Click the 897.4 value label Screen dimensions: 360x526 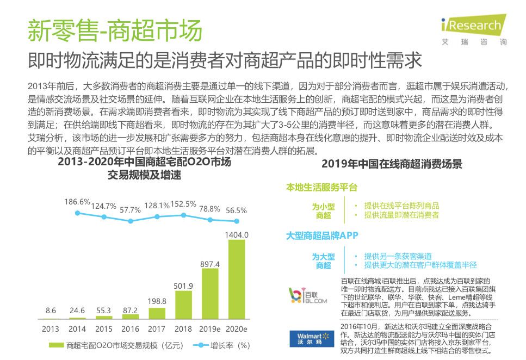pyautogui.click(x=210, y=264)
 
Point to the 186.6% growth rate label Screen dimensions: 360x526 pyautogui.click(x=77, y=202)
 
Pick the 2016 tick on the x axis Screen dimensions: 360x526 pyautogui.click(x=130, y=329)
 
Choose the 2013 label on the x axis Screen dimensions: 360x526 pyautogui.click(x=51, y=329)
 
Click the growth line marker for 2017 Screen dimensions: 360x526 pyautogui.click(x=157, y=216)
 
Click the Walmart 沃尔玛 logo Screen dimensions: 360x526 pyautogui.click(x=307, y=337)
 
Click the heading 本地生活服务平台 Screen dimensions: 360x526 pyautogui.click(x=321, y=188)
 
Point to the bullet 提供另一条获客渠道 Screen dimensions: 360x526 pyautogui.click(x=398, y=256)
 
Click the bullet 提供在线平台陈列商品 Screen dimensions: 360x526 pyautogui.click(x=401, y=206)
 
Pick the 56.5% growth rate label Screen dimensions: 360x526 pyautogui.click(x=236, y=210)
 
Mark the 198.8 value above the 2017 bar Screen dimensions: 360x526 pyautogui.click(x=157, y=301)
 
